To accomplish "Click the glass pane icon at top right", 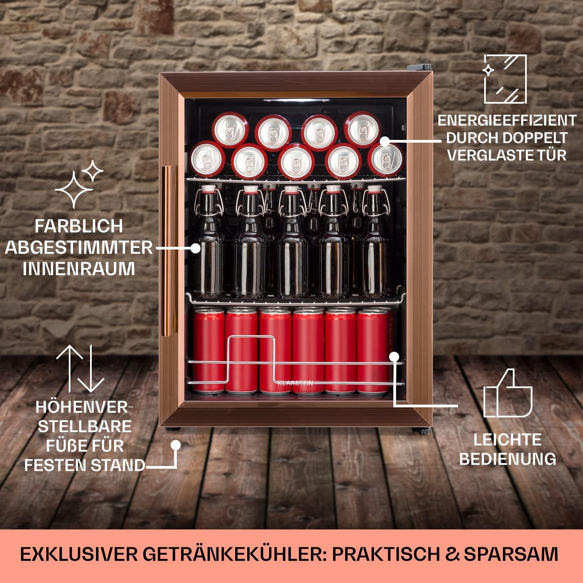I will click(x=505, y=79).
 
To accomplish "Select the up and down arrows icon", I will click(x=80, y=368).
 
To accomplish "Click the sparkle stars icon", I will click(x=79, y=183).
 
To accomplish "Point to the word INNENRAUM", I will click(x=79, y=269).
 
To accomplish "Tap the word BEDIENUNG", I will click(x=508, y=459).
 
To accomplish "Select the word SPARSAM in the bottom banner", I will click(x=511, y=554).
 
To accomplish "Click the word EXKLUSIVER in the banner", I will click(x=79, y=554).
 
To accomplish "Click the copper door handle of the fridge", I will click(x=169, y=249).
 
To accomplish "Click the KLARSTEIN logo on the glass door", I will click(x=295, y=383).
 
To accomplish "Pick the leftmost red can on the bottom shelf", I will click(x=208, y=350).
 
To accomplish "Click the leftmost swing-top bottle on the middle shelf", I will click(x=210, y=241).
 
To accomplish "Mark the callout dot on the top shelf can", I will click(x=384, y=141).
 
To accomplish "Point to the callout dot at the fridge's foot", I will click(x=176, y=445).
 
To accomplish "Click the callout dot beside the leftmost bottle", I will click(x=195, y=248).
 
